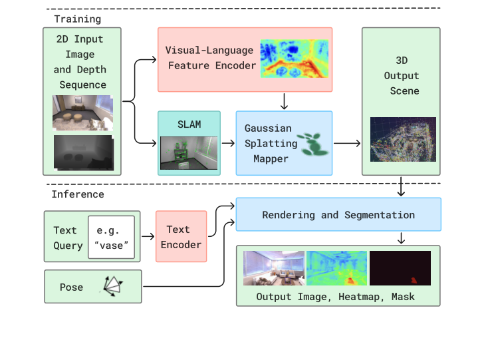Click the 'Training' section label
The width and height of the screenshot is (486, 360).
point(77,19)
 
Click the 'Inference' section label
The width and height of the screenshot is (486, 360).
point(78,194)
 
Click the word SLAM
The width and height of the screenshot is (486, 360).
point(188,124)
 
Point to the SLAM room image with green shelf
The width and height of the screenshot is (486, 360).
point(188,152)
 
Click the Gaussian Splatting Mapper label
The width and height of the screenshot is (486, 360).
point(267,143)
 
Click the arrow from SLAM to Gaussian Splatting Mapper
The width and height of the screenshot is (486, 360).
point(228,142)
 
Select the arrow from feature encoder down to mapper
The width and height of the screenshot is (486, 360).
point(284,101)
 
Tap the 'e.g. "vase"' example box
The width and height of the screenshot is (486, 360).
point(111,236)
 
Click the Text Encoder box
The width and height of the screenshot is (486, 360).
point(181,237)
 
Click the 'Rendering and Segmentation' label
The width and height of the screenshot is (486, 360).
point(338,215)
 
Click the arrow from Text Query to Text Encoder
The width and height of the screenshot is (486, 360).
point(146,237)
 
